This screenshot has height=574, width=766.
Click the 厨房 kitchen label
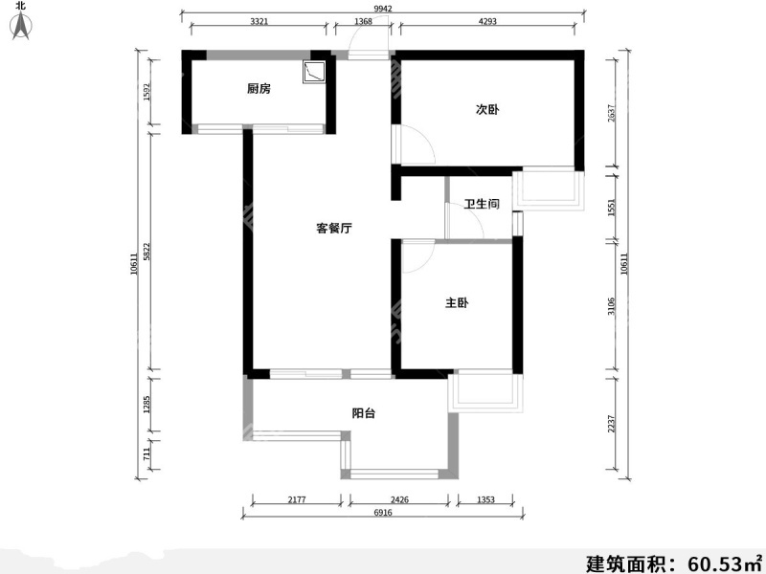tap(259, 89)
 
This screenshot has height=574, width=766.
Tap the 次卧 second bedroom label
tap(487, 109)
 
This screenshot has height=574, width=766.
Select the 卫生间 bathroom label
tap(482, 204)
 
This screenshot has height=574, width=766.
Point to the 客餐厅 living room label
tap(335, 229)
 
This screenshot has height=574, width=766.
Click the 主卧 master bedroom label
tap(457, 303)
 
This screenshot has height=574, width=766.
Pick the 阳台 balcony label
tap(363, 413)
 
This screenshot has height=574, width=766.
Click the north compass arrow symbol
tap(21, 27)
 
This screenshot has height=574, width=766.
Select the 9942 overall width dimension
tap(382, 9)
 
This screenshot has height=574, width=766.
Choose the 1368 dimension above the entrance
tap(363, 21)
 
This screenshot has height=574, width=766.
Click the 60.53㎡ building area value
tap(718, 561)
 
